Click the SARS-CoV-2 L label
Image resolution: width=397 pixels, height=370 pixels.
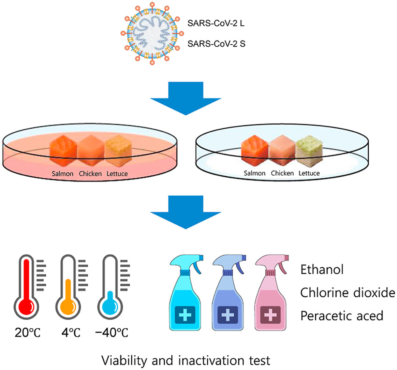coord(216,23)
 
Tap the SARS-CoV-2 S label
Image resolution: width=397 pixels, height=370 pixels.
coord(217,44)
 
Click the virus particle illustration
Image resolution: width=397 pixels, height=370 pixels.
coord(152,33)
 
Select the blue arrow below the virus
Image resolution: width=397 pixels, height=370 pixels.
coord(186,98)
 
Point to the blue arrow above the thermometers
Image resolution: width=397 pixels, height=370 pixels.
coord(186,212)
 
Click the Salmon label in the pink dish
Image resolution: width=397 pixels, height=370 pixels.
coord(62,174)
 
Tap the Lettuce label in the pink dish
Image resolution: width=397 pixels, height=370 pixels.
coord(117,174)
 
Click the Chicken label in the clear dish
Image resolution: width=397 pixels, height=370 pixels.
coord(282,173)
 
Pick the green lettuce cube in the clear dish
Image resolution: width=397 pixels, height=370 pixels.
coord(309,151)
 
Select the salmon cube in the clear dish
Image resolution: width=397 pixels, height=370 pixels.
coord(254,150)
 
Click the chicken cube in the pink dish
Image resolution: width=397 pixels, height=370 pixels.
coord(91,150)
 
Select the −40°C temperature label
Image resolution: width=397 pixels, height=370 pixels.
coord(112,332)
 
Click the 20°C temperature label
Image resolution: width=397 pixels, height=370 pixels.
coord(28,332)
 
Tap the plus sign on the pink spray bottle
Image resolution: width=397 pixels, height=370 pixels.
coord(270,315)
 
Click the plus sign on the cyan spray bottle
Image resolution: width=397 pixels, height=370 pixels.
coord(185,315)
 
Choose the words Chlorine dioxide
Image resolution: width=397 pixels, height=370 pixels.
coord(348,293)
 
